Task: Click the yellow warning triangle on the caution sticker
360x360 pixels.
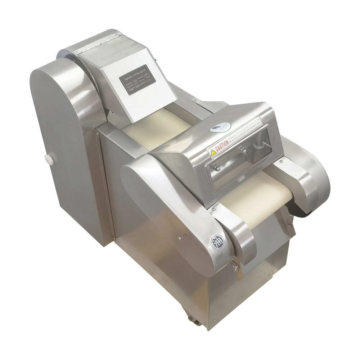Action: [x=213, y=153]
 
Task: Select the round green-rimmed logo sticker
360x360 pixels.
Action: [x=222, y=127]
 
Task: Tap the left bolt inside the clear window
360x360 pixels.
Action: [x=216, y=167]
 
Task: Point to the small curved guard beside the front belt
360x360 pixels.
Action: [x=234, y=230]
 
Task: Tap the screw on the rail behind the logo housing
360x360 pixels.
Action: [x=195, y=100]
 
